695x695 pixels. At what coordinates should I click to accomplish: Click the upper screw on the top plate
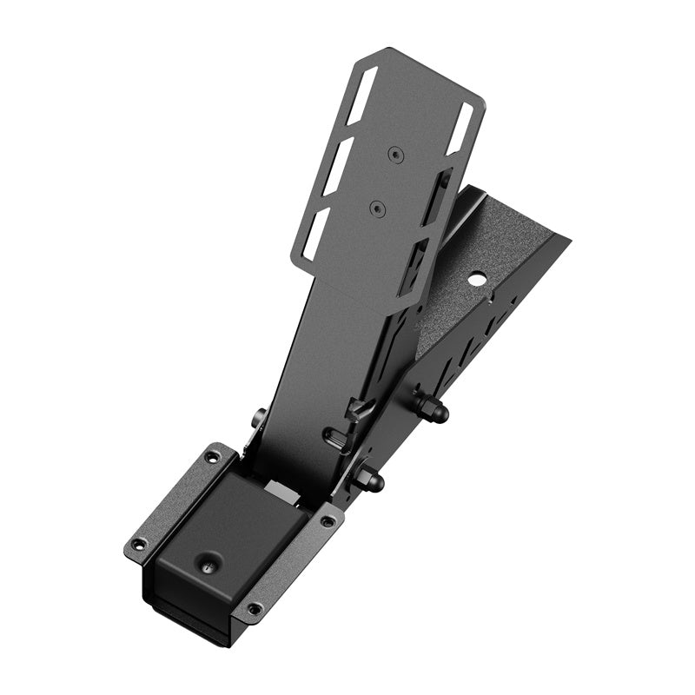tap(396, 154)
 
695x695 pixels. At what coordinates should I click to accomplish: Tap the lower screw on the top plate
tap(376, 208)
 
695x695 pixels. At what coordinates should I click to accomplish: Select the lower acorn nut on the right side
tap(374, 477)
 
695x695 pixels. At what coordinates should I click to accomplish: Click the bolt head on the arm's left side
tap(258, 419)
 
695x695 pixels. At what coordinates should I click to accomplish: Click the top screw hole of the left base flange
tap(209, 455)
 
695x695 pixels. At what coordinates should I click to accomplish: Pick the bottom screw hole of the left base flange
tap(136, 546)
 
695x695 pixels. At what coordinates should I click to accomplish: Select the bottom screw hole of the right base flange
tap(253, 609)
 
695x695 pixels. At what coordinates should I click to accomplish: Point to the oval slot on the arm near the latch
tap(334, 434)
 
